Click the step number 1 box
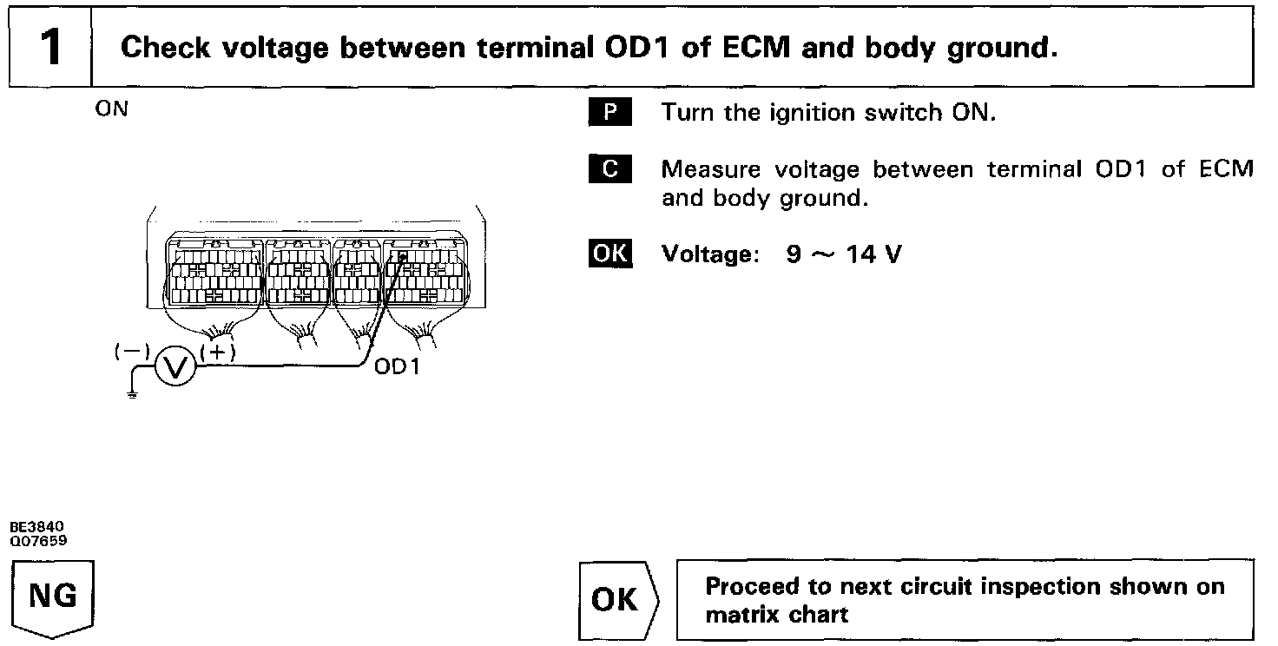pos(50,48)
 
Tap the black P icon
pos(610,113)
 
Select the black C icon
pos(610,168)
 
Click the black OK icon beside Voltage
pos(610,254)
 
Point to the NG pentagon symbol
pos(53,598)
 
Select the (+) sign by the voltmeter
pos(217,352)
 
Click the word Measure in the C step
pos(711,169)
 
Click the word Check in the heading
pos(164,48)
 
